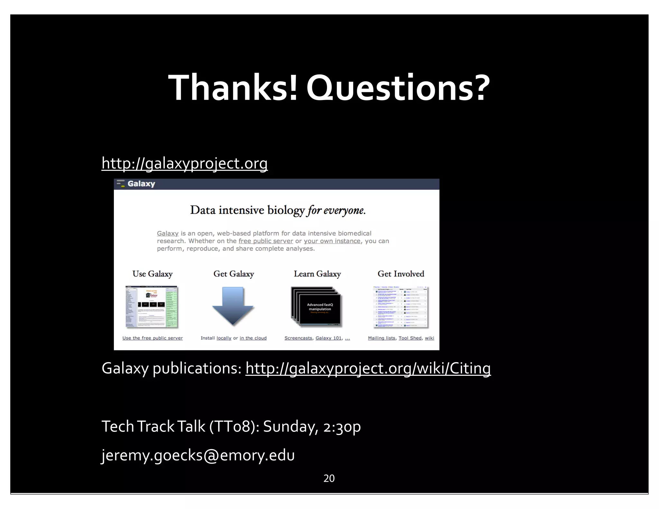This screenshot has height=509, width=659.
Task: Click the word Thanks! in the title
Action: (232, 88)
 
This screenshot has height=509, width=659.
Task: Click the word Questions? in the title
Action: (398, 88)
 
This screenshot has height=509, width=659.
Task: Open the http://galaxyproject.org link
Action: (184, 163)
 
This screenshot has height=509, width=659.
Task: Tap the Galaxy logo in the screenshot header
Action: (136, 184)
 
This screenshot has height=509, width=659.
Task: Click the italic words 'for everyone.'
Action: (336, 210)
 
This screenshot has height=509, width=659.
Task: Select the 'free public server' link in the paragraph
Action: (266, 241)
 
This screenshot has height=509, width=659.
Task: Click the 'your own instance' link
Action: (332, 241)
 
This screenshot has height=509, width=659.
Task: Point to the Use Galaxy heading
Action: (153, 274)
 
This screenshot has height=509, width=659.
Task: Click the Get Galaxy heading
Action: (234, 274)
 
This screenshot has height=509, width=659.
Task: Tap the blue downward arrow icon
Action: (233, 306)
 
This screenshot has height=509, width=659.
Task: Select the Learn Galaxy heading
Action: (317, 274)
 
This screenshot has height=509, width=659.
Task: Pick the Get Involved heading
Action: (401, 274)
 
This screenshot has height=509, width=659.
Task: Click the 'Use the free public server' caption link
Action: (153, 338)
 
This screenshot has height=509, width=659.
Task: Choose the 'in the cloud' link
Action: (253, 338)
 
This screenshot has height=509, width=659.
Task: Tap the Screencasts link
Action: (298, 338)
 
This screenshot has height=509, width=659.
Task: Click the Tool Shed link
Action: (410, 338)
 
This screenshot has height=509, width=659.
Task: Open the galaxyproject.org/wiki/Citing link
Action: (368, 368)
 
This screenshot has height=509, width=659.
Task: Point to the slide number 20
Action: (329, 478)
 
